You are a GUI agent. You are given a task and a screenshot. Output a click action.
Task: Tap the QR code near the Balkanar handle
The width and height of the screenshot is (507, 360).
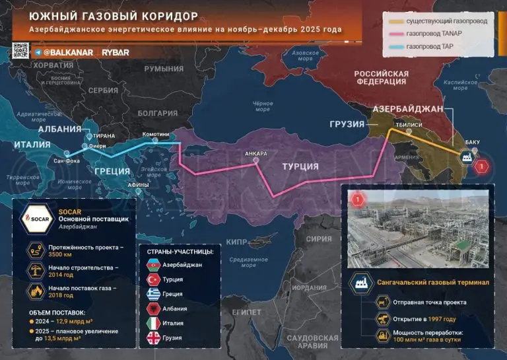coord(20,51)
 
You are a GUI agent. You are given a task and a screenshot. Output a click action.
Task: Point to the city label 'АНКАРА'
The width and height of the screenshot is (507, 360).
coord(255,154)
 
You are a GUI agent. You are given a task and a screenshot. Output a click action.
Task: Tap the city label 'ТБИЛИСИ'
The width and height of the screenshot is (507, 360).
coord(409,122)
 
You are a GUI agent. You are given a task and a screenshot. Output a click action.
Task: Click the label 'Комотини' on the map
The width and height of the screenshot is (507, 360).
coord(156,132)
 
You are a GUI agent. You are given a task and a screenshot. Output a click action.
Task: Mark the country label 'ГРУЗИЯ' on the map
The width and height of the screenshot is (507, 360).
coord(347,124)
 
